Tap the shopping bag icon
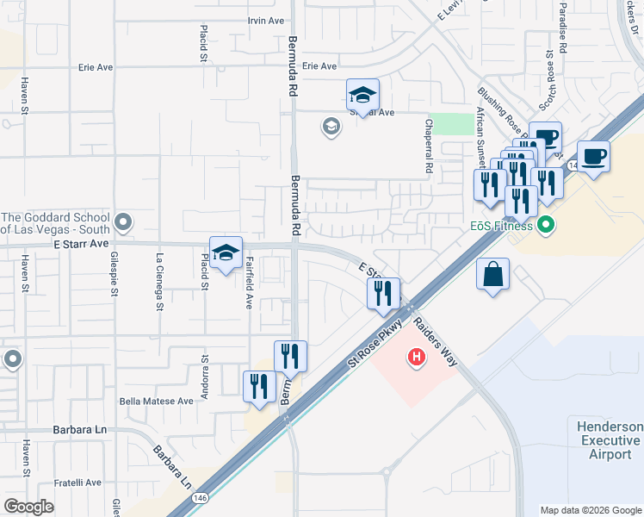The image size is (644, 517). pyautogui.click(x=492, y=275)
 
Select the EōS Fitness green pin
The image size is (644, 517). pyautogui.click(x=544, y=227)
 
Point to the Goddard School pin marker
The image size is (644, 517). pyautogui.click(x=124, y=224)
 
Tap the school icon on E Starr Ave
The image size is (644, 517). pyautogui.click(x=226, y=253)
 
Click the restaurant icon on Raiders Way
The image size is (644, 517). pyautogui.click(x=383, y=293)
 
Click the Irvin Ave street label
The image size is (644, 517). pyautogui.click(x=265, y=21)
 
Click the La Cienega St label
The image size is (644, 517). pyautogui.click(x=159, y=280)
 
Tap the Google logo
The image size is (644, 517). pyautogui.click(x=29, y=507)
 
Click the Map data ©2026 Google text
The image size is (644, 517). pyautogui.click(x=590, y=510)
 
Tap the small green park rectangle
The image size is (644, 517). pyautogui.click(x=447, y=123)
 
